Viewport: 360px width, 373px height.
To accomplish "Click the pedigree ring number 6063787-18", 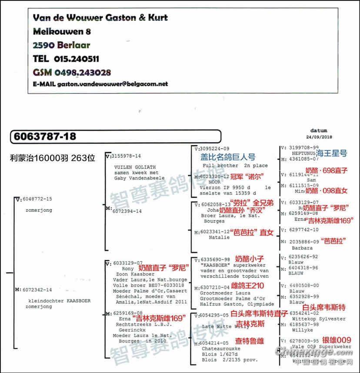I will coord(45,137).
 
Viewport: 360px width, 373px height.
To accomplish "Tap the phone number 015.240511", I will coord(77,59).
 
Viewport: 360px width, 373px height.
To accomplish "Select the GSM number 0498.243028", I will coord(82,72).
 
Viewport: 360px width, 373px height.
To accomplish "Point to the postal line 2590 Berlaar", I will coord(62,45).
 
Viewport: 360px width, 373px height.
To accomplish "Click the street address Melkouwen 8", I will coord(62,31).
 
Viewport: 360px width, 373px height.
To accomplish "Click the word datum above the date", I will coord(319,130).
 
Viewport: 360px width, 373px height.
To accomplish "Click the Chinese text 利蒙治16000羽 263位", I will coord(52,158).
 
